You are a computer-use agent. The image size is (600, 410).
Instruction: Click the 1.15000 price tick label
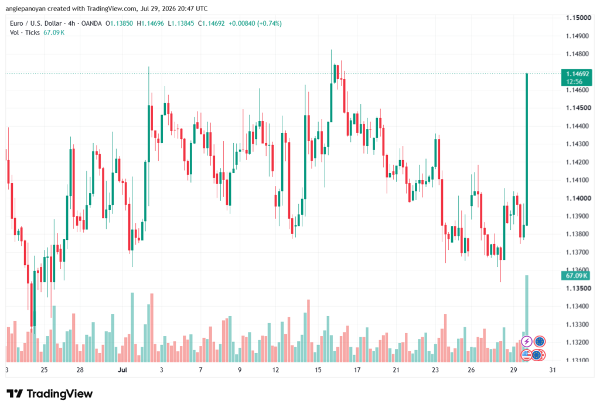tap(577, 18)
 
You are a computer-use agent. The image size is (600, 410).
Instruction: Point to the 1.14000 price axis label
tap(577, 198)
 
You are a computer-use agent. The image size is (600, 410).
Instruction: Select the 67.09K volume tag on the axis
tap(575, 276)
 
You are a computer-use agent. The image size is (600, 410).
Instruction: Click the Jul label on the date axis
tap(122, 370)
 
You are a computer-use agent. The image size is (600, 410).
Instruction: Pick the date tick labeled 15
tap(318, 370)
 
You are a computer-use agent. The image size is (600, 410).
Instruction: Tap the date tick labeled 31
tap(552, 370)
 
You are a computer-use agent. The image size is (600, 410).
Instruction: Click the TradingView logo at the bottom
tap(50, 394)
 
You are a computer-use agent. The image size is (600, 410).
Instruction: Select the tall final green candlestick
tap(527, 149)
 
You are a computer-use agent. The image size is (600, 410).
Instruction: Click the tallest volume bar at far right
tap(527, 318)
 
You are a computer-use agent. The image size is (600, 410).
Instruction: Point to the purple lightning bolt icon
tap(527, 341)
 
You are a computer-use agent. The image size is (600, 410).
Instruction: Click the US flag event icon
tap(526, 355)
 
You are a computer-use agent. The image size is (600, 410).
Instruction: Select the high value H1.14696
tap(151, 23)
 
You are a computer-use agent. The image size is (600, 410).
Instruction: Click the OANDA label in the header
tap(91, 23)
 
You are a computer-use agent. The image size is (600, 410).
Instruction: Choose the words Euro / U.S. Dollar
tap(36, 23)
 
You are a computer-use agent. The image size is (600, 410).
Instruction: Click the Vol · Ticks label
tap(25, 33)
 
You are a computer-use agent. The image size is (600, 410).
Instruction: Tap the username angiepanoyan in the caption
tap(25, 8)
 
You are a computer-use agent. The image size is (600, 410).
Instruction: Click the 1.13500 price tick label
tap(577, 288)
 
